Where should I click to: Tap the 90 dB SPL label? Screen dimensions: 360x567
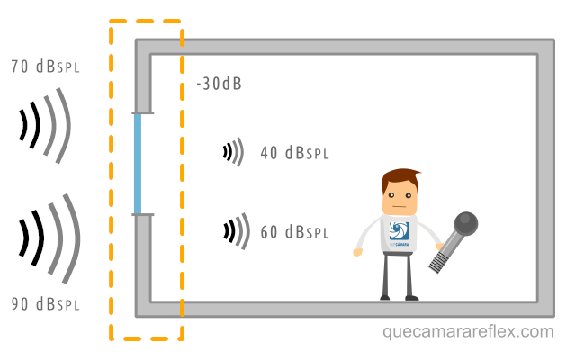(x=46, y=303)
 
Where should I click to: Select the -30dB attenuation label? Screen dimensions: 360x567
(x=219, y=85)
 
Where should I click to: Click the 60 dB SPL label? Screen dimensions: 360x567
(x=293, y=232)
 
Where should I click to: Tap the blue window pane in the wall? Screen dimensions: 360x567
(x=138, y=164)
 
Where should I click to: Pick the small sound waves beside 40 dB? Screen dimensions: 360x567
(x=234, y=152)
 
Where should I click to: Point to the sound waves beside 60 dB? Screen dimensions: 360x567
(x=236, y=231)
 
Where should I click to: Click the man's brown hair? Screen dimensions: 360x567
(x=400, y=177)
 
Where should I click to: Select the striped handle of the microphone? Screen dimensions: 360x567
(x=444, y=256)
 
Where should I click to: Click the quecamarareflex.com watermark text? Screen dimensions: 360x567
(x=468, y=332)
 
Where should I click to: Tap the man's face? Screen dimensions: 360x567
(x=401, y=193)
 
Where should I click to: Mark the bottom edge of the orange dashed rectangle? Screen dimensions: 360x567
(x=147, y=339)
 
